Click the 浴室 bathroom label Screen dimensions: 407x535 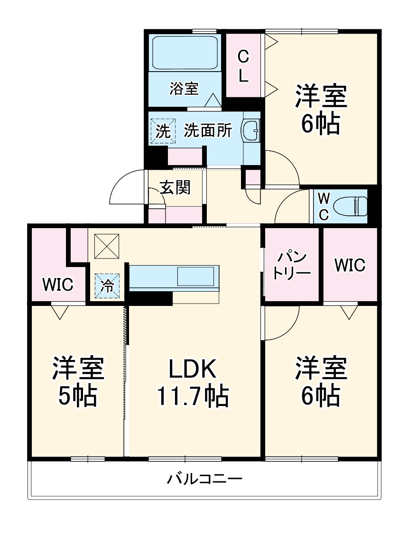click(184, 89)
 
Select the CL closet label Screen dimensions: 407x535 click(243, 66)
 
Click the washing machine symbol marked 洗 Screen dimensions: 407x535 click(163, 131)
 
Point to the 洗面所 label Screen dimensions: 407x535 click(208, 130)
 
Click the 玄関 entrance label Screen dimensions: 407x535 click(175, 187)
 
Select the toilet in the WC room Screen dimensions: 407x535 click(350, 206)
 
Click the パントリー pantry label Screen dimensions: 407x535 click(292, 266)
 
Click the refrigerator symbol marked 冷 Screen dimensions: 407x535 click(107, 286)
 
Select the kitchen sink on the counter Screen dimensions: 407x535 click(195, 277)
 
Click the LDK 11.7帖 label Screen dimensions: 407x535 click(193, 382)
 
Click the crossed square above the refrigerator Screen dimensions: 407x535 click(107, 246)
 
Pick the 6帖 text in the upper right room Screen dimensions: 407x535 click(320, 123)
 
